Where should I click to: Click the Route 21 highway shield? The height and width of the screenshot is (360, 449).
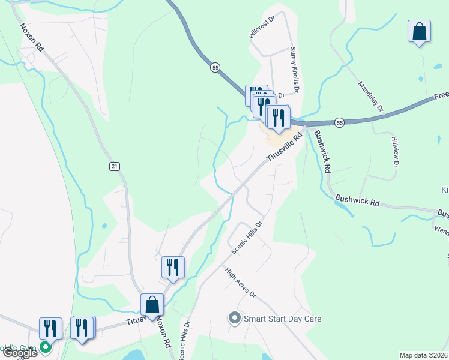tap(113, 166)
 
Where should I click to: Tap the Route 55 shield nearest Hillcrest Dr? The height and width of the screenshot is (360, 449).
tap(215, 68)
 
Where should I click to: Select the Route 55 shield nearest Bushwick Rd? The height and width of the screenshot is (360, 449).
tap(340, 122)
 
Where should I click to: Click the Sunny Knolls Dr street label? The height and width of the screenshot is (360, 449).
tap(293, 70)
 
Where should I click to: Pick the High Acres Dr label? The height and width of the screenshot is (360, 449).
tap(241, 283)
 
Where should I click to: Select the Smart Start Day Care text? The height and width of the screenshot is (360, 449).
tap(282, 319)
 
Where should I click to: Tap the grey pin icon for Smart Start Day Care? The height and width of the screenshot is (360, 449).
tap(234, 318)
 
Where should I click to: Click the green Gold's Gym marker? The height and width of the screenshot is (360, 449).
tap(46, 347)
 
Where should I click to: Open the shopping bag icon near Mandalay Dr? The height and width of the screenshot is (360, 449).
tap(419, 31)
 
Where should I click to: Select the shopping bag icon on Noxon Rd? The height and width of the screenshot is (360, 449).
tap(152, 305)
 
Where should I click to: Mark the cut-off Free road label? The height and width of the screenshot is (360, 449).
tap(441, 95)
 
